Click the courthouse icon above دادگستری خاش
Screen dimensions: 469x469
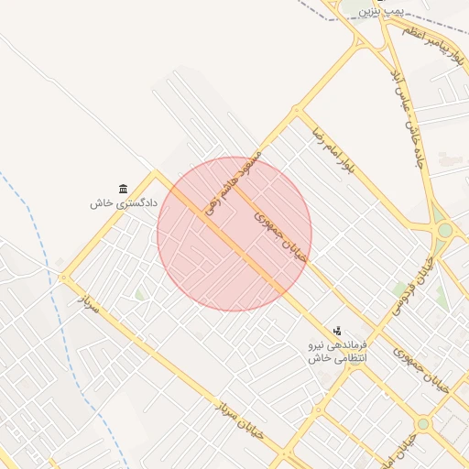point(124,189)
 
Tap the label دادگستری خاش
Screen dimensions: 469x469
point(124,202)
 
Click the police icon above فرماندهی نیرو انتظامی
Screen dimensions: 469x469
point(337,331)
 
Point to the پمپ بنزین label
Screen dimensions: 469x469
point(380,11)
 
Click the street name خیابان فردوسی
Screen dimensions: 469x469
point(413,284)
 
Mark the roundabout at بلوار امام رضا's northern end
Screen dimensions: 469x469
point(296,114)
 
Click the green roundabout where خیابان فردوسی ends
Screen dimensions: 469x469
point(445,231)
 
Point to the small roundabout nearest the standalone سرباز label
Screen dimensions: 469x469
point(63,278)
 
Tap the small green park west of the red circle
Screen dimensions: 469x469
point(139,295)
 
